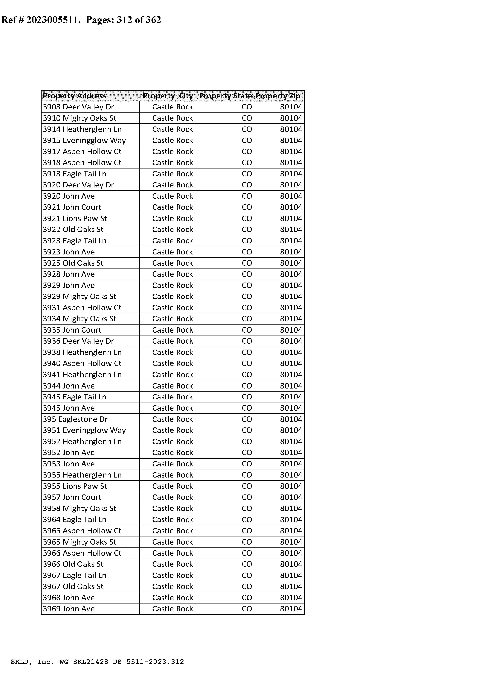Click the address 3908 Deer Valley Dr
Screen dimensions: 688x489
(x=78, y=107)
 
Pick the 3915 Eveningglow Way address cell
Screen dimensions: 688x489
(x=84, y=140)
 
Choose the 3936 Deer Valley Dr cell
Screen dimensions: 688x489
(x=78, y=341)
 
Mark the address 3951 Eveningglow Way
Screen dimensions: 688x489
(x=84, y=430)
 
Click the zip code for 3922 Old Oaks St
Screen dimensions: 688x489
(x=291, y=230)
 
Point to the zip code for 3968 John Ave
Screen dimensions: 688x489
(x=291, y=598)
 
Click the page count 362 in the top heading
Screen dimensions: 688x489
(x=153, y=20)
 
